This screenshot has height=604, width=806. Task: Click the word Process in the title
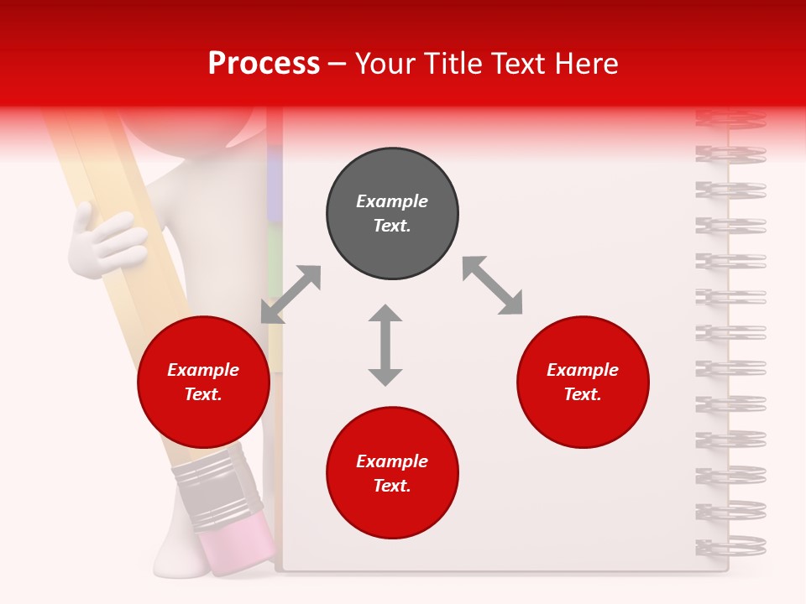click(x=264, y=64)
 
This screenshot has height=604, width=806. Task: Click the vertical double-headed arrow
click(x=385, y=345)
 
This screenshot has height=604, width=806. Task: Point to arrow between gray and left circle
click(x=290, y=294)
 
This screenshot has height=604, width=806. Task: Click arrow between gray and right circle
click(x=492, y=285)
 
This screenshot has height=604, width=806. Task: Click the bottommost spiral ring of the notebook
click(x=731, y=545)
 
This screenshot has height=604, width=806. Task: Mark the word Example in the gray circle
click(x=392, y=201)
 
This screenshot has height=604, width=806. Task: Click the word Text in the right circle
click(x=582, y=394)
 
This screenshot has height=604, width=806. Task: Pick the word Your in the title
click(x=386, y=64)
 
